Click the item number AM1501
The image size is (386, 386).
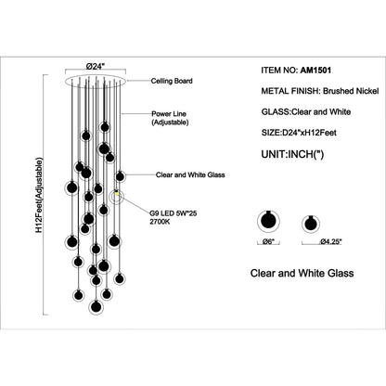click(x=315, y=71)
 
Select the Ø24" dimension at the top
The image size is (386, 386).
click(x=96, y=66)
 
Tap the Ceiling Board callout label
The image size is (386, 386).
click(x=172, y=81)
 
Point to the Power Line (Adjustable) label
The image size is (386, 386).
click(x=170, y=118)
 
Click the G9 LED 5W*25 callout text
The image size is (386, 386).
click(x=174, y=213)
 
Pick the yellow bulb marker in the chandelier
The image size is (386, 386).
click(x=117, y=194)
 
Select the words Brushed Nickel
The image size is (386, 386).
click(x=351, y=91)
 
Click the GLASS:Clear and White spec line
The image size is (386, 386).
click(x=306, y=111)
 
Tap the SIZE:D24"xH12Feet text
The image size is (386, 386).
click(x=299, y=133)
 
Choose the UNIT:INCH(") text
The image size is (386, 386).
click(x=292, y=154)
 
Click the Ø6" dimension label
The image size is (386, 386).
click(x=268, y=242)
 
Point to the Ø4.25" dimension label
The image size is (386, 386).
click(x=330, y=242)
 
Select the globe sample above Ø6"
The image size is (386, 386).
click(x=268, y=222)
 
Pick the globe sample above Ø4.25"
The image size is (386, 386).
click(x=311, y=224)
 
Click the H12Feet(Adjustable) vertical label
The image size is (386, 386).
click(x=39, y=195)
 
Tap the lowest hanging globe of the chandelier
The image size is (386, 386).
click(x=96, y=306)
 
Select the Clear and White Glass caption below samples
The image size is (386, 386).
click(x=302, y=273)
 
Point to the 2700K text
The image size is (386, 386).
click(x=160, y=222)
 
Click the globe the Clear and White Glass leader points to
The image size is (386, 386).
click(x=120, y=176)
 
